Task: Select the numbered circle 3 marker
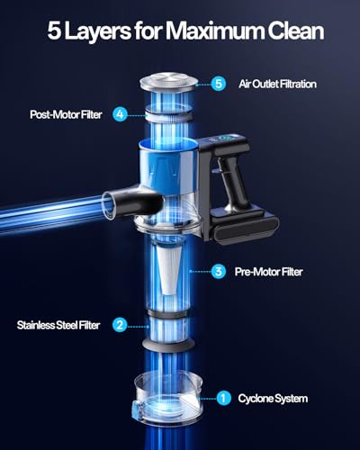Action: [x=218, y=271]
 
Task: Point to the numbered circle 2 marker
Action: [x=119, y=325]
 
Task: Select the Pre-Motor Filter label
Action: [x=271, y=271]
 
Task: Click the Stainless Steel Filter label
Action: [x=58, y=325]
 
